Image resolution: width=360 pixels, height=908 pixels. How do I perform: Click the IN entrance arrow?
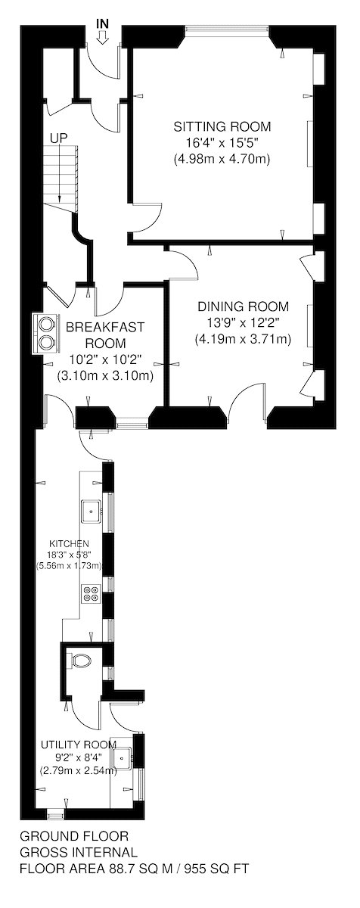coord(104,39)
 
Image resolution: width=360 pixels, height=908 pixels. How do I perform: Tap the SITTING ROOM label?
coord(222,126)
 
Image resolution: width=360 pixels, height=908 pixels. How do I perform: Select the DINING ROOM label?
coord(244,306)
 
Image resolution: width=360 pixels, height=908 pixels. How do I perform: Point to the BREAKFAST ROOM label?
coord(105,334)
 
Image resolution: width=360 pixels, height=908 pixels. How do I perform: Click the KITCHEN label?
coord(69,543)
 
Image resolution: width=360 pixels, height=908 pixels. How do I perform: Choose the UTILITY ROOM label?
coord(79,745)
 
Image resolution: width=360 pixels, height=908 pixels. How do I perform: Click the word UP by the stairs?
coord(59,138)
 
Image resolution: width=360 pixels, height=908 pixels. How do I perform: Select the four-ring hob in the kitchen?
coord(90,594)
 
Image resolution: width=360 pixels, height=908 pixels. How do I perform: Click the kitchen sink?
coord(92,512)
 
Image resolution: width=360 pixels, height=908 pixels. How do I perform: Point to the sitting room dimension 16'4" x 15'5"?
coord(222,143)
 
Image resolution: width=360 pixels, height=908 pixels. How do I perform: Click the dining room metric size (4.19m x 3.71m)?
coord(243,339)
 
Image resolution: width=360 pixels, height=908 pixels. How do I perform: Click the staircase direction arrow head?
coord(59,198)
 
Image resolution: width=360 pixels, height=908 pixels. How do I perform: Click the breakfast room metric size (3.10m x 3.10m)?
coord(105,376)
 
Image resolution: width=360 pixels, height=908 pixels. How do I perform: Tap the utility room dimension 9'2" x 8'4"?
coord(79,757)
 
